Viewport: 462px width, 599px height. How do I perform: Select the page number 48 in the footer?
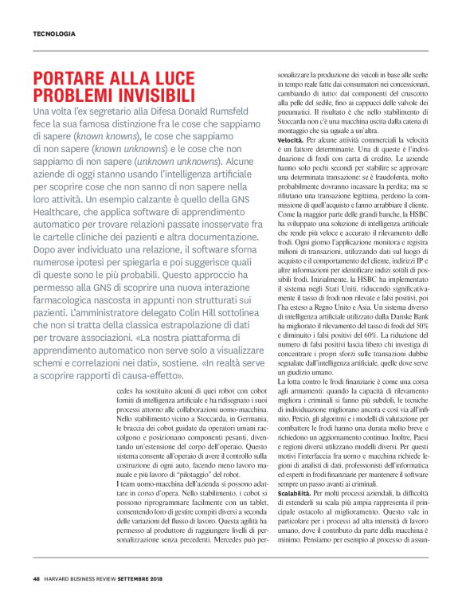click(37, 577)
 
